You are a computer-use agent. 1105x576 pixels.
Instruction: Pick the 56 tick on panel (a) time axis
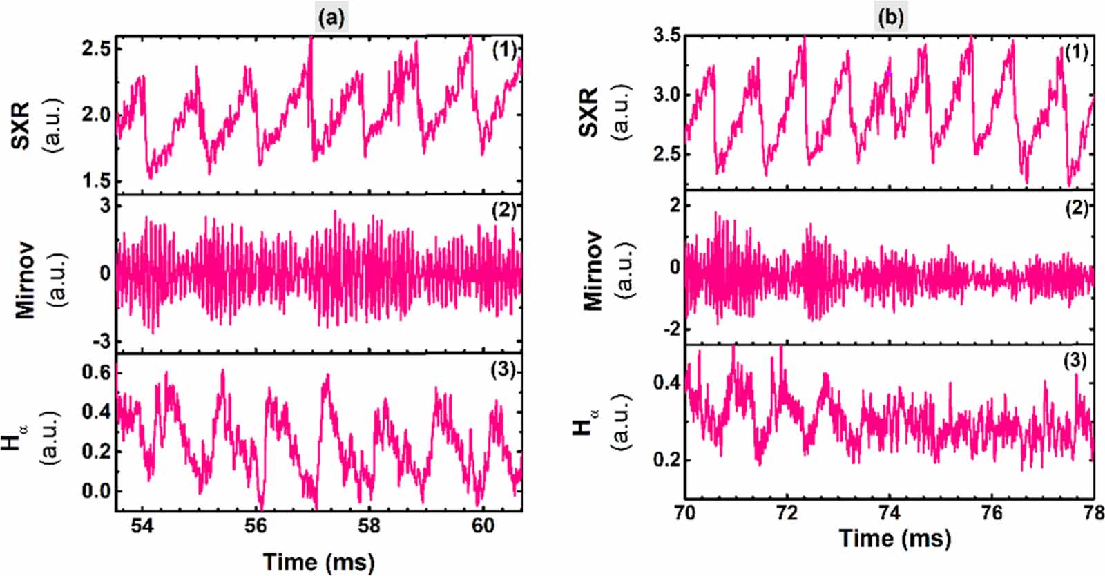point(256,526)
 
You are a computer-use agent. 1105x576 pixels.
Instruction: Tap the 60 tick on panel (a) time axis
point(483,526)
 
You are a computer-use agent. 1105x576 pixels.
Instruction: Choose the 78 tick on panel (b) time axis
point(1093,515)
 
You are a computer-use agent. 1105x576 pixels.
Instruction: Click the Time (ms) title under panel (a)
point(318,561)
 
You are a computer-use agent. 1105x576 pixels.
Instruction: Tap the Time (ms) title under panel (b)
point(894,538)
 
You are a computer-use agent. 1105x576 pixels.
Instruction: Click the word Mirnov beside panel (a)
point(26,274)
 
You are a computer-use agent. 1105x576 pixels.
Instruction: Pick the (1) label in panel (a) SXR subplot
point(503,51)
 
